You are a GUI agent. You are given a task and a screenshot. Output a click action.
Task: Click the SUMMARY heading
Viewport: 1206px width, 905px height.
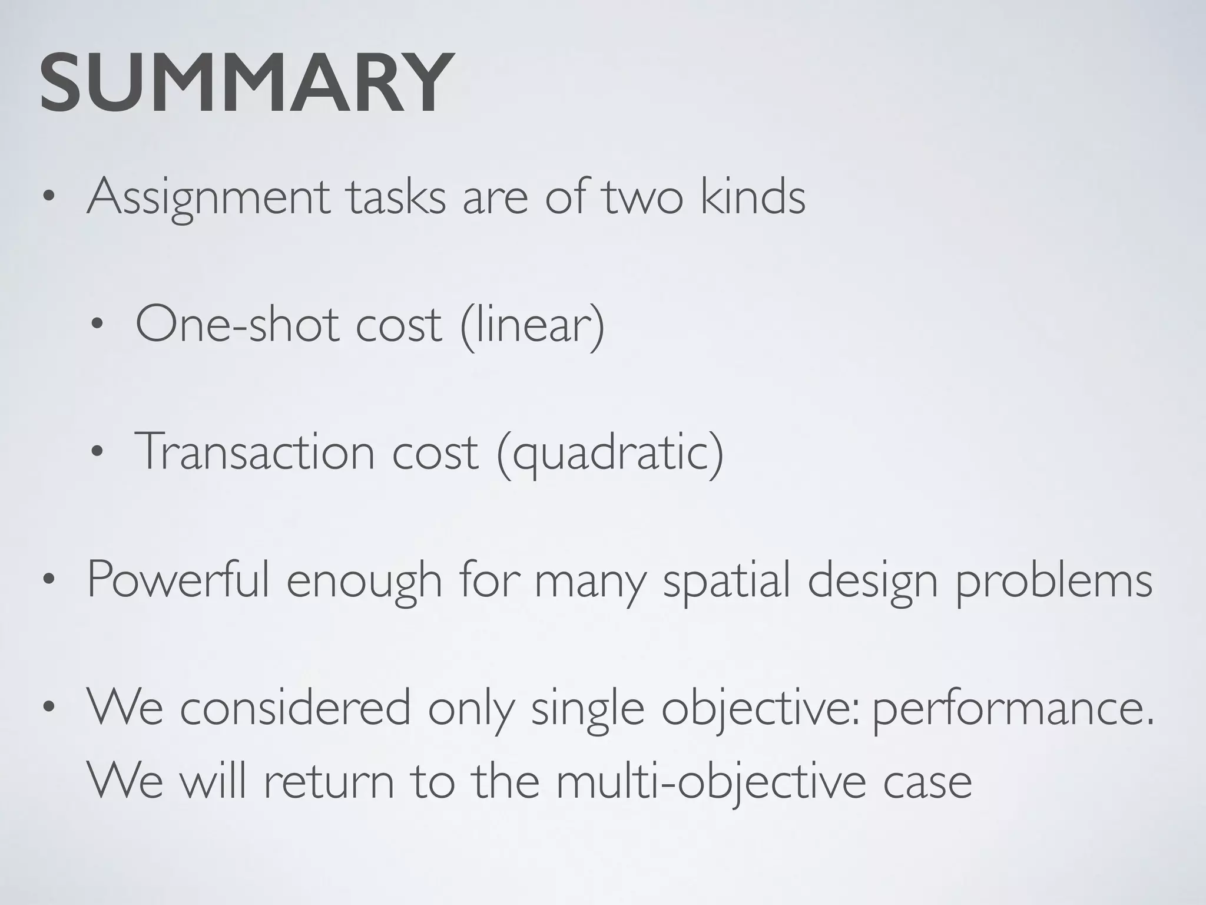(x=247, y=83)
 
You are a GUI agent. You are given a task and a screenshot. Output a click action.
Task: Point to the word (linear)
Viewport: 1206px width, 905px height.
(x=532, y=325)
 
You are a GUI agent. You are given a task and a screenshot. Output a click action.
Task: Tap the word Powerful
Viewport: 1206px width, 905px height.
(x=178, y=580)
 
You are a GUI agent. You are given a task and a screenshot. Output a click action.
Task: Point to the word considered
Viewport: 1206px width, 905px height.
(x=295, y=709)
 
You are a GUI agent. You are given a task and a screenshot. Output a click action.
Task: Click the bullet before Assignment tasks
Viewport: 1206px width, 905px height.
(x=49, y=199)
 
